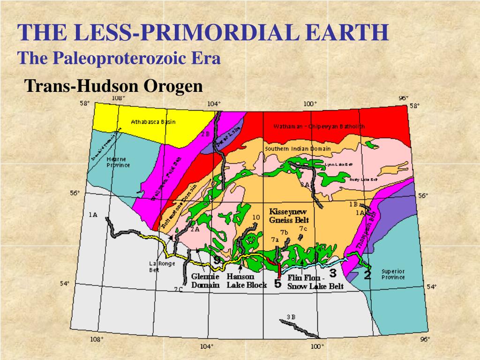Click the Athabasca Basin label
click(153, 122)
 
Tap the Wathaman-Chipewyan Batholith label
click(319, 127)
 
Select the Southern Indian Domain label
click(298, 149)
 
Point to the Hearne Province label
click(118, 162)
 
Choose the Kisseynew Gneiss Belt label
click(288, 216)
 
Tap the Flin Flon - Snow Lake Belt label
click(315, 282)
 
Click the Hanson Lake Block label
click(240, 280)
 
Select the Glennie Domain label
click(205, 280)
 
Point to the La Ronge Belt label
click(155, 266)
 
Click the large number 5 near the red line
click(277, 284)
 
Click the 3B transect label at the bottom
click(291, 317)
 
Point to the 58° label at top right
click(414, 106)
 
